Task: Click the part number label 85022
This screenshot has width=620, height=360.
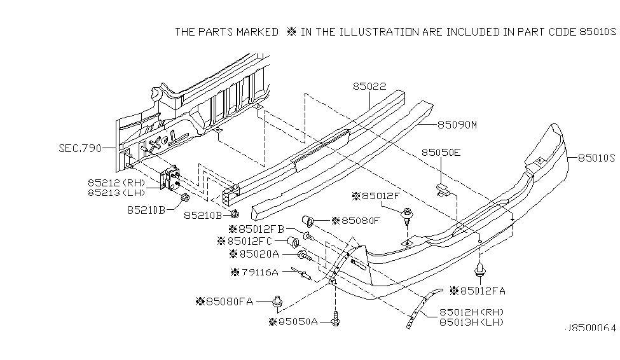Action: tap(369, 84)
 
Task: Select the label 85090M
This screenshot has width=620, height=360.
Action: tap(457, 125)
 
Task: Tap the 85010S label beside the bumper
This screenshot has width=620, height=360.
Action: tap(596, 158)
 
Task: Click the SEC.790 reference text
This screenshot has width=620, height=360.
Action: tap(79, 148)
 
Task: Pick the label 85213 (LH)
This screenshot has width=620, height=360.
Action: tap(116, 192)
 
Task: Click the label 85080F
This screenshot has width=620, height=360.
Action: tap(359, 221)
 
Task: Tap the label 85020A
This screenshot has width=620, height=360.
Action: tap(256, 254)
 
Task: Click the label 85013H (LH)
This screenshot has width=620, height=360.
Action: tap(471, 322)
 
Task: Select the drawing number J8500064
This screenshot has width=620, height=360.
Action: tap(590, 328)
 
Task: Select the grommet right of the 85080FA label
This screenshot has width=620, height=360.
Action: tap(278, 301)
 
